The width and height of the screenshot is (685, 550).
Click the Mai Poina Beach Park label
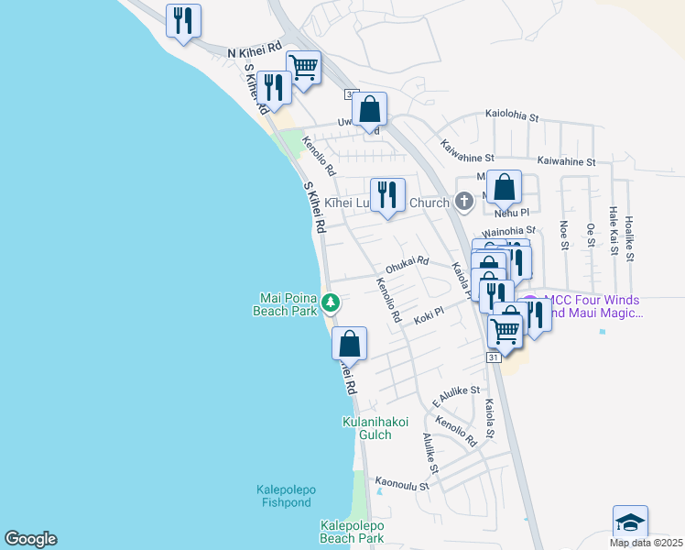(x=284, y=303)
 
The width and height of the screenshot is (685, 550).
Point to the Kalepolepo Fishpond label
(x=283, y=496)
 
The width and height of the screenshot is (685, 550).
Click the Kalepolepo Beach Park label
(x=352, y=532)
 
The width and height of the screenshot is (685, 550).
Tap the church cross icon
(x=464, y=202)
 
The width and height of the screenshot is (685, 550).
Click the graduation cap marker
(x=630, y=522)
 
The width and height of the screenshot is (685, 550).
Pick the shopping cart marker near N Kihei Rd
(x=303, y=67)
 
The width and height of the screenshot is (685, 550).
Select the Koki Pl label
(x=429, y=314)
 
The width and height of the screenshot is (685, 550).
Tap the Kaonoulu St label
(x=402, y=482)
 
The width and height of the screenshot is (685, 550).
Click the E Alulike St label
(x=455, y=395)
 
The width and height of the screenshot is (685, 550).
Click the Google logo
(x=30, y=539)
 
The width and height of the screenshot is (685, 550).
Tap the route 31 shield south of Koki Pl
(x=494, y=357)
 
